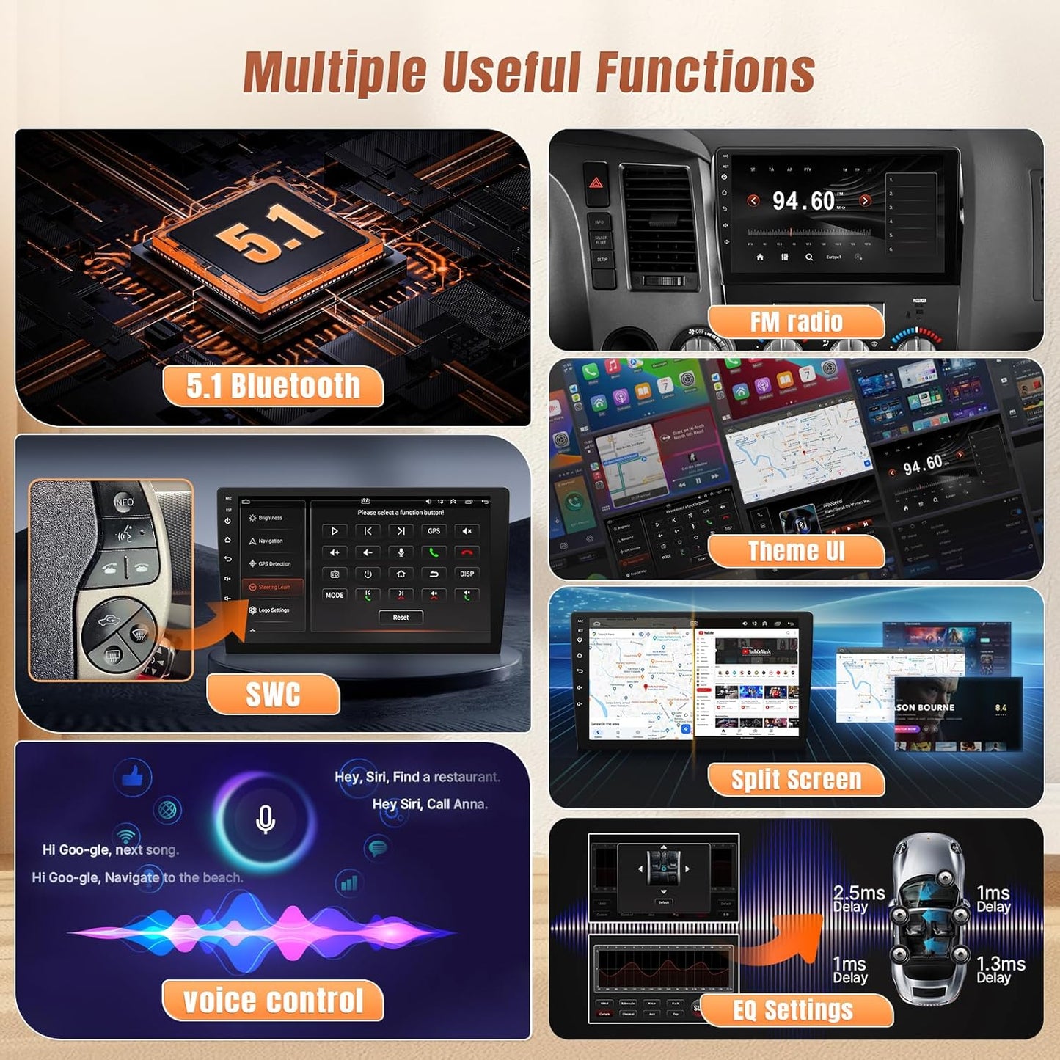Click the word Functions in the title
point(704,72)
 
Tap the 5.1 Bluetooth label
point(273,387)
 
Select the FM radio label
point(796,322)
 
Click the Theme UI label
point(796,551)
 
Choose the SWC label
point(273,694)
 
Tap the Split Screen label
point(796,780)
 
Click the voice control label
point(273,1001)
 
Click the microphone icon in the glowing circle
point(266,819)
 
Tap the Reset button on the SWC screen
point(401,618)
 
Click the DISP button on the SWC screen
point(467,574)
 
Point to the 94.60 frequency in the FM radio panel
point(804,201)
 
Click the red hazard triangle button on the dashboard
point(596,182)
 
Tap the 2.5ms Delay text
point(858,899)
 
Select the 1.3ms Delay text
point(1001,969)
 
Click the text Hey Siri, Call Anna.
point(429,804)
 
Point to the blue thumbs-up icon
point(133,776)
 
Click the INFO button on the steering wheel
point(124,502)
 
